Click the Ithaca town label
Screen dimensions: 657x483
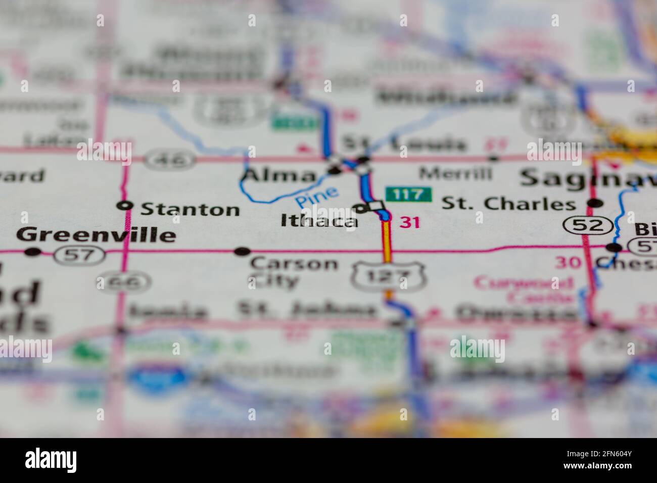point(319,221)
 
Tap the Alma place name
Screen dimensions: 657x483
point(279,176)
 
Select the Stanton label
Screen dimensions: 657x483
point(190,209)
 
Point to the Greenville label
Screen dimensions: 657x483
point(96,235)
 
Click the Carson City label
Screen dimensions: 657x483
point(294,271)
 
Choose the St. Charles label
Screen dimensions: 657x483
point(508,204)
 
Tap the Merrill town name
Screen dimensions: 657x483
point(455,174)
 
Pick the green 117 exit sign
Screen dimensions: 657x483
point(409,194)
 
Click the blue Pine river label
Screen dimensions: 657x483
point(317,197)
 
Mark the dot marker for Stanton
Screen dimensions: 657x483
point(125,205)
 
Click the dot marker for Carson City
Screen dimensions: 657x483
point(243,251)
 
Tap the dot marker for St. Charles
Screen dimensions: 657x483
point(596,204)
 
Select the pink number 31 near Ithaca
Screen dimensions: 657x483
point(409,222)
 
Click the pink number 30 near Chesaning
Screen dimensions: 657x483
point(568,262)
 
